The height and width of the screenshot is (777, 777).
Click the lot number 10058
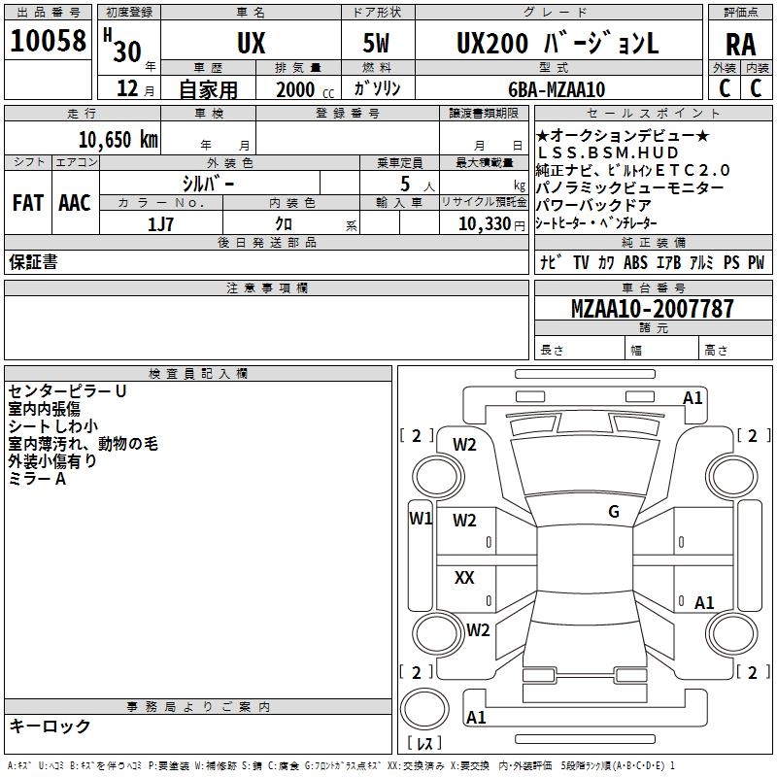point(48,41)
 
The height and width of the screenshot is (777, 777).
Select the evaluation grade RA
point(740,44)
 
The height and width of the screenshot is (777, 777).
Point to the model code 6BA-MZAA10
point(557,89)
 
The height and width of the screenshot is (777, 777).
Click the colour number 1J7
point(161,224)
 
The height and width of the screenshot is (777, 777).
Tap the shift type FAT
point(28,203)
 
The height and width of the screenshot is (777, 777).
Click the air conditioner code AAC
point(74,203)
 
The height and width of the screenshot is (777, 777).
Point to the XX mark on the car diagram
point(464,578)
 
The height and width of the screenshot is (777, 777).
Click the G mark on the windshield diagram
point(613,512)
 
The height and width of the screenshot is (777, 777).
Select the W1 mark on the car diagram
point(420,518)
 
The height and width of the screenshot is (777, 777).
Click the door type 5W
point(378,44)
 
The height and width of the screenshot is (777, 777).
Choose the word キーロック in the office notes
point(50,726)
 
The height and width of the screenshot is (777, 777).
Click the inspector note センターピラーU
point(68,391)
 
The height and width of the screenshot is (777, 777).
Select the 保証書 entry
point(33,262)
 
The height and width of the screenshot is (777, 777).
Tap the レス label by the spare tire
point(424,744)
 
